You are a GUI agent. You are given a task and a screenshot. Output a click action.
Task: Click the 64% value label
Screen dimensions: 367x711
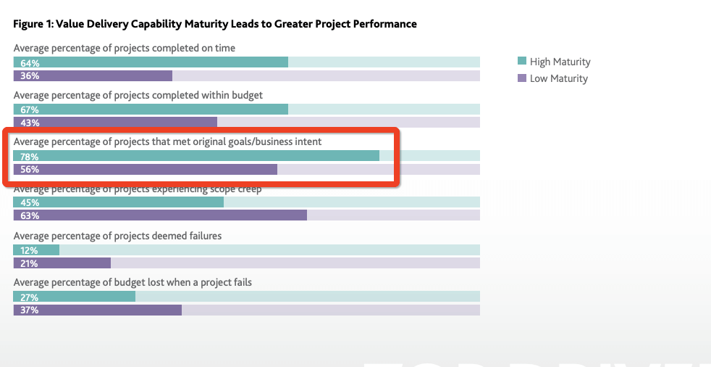coord(30,63)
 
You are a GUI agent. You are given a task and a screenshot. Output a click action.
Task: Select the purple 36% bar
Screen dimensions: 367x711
coord(93,76)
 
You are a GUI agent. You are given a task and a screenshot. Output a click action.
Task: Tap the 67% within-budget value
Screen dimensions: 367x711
coord(30,110)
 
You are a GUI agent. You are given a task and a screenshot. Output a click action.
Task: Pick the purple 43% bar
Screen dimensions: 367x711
coord(116,123)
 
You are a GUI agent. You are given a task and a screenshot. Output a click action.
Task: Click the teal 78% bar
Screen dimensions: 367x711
coord(196,156)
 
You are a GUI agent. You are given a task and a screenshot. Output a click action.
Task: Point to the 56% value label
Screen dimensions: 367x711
coord(30,170)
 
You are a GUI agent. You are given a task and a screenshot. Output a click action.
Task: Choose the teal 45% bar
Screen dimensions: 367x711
coord(119,202)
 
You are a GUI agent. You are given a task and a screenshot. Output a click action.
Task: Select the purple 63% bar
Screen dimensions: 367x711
coord(160,215)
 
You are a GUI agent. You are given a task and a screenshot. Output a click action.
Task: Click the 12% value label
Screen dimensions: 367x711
coord(30,250)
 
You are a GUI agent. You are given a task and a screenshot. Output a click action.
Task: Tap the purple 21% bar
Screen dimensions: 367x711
coord(62,263)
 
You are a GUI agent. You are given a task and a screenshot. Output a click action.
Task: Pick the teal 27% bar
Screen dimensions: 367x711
coord(75,297)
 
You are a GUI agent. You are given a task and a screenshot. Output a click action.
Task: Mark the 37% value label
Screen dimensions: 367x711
coord(30,310)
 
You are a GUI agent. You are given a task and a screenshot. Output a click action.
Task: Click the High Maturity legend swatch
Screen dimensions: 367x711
coord(521,62)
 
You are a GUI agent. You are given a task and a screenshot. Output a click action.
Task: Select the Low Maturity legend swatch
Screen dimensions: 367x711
coord(521,78)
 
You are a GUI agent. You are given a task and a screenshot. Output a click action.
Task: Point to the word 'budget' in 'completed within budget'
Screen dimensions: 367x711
coord(247,95)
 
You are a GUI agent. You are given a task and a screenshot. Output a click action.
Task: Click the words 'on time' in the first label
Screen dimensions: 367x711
coord(218,48)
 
